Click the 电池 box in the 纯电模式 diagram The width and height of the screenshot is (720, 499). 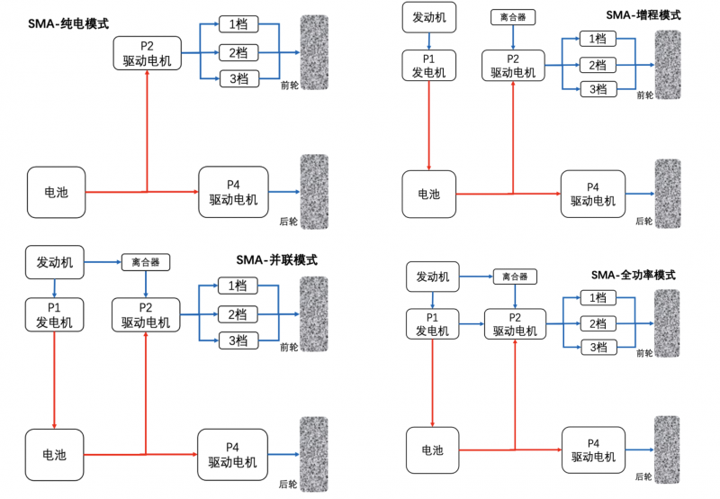[56, 192]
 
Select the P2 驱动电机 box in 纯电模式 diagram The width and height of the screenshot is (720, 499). [147, 54]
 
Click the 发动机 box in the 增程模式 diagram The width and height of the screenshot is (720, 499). [428, 17]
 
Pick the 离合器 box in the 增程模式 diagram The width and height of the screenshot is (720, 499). [513, 17]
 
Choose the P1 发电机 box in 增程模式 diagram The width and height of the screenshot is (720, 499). [428, 66]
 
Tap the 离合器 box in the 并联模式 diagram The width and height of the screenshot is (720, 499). [145, 262]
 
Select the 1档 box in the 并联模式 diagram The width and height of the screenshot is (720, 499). [238, 286]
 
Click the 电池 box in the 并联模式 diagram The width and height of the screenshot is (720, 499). [56, 455]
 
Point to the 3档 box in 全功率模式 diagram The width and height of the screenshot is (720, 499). [597, 347]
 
